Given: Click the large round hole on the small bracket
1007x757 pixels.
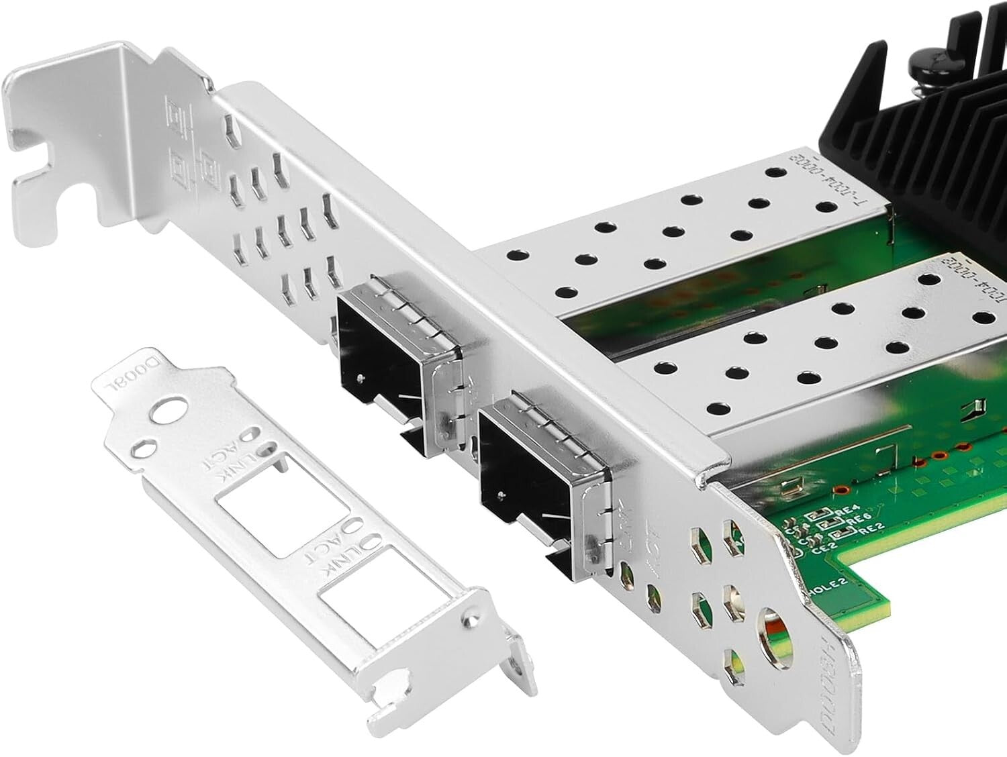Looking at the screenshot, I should [x=168, y=411].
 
